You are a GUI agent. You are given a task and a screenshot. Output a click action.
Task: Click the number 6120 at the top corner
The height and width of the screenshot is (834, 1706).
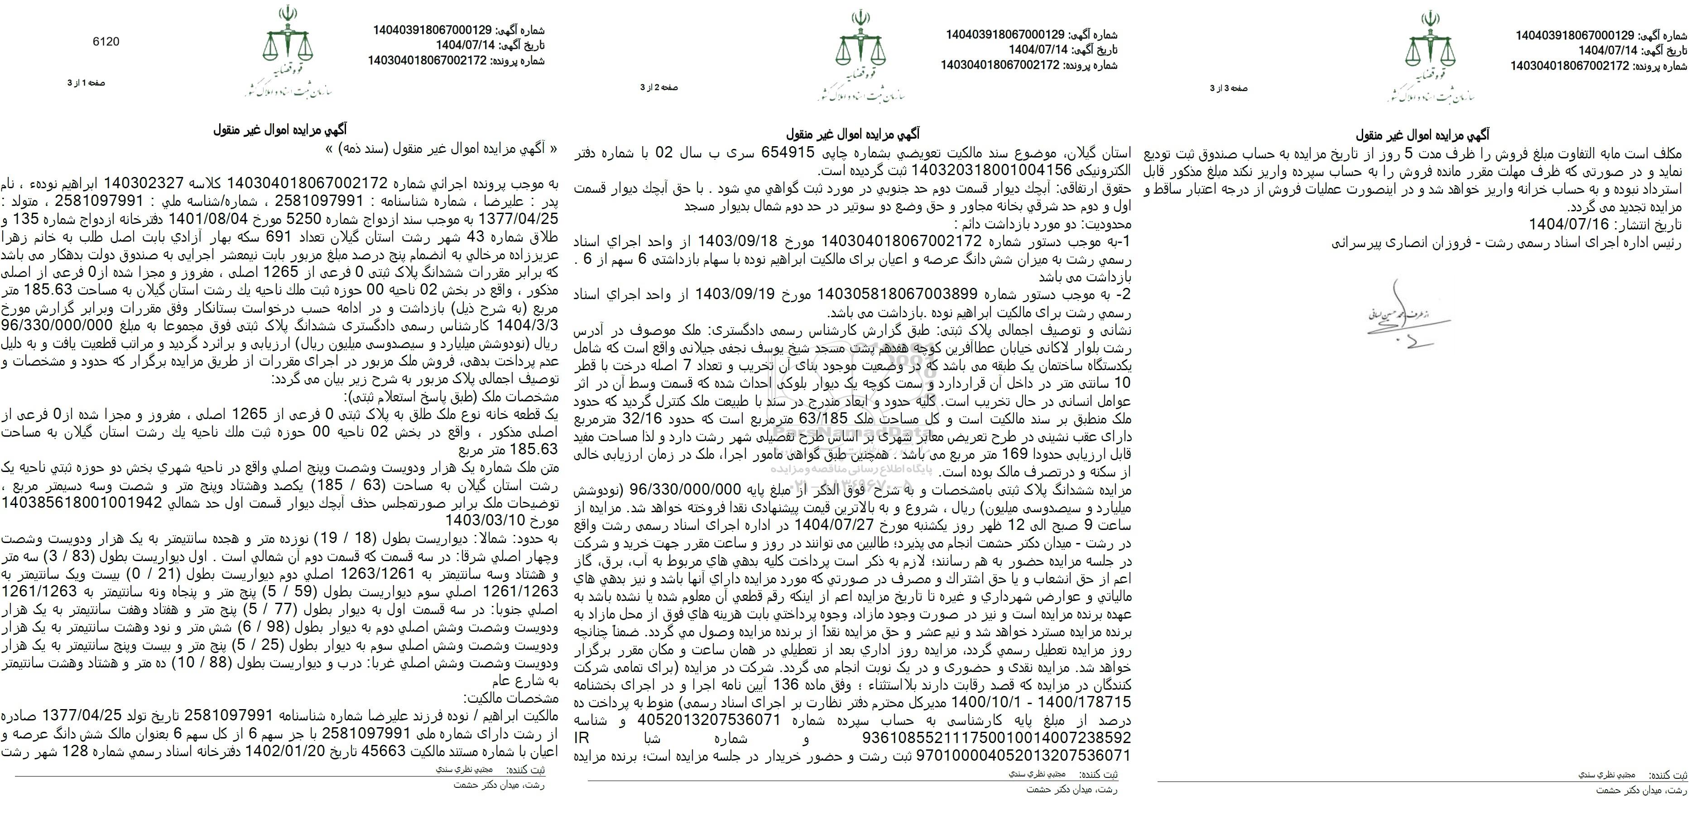coord(106,42)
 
